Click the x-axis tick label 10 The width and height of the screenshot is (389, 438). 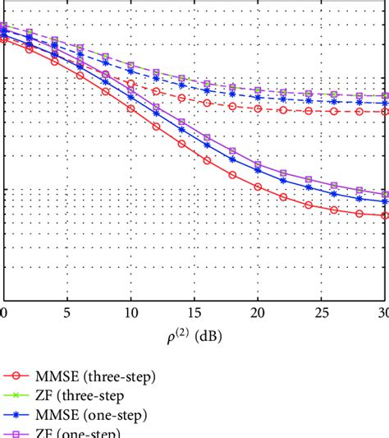click(130, 313)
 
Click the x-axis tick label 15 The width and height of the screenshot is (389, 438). click(194, 313)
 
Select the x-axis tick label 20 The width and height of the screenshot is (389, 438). click(258, 313)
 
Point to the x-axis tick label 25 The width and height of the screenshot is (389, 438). click(321, 313)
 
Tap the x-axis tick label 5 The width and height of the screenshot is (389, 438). click(67, 313)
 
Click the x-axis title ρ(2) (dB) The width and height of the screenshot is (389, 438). click(194, 336)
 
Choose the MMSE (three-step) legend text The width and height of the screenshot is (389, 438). click(95, 376)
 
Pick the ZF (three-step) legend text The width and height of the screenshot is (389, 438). click(82, 396)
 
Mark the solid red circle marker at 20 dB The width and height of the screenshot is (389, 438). click(258, 187)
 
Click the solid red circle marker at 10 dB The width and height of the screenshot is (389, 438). click(130, 108)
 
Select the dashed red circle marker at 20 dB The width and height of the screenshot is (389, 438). click(258, 108)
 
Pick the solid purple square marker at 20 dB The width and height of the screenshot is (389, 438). click(258, 164)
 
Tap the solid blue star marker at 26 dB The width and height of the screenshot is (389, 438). click(334, 194)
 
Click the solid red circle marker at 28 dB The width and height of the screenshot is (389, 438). click(359, 213)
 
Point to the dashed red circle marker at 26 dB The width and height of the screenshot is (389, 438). click(334, 111)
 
